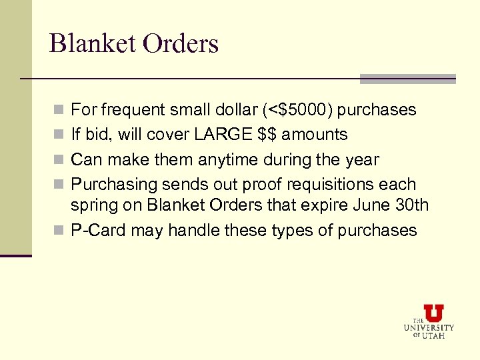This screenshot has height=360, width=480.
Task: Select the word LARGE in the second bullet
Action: point(218,135)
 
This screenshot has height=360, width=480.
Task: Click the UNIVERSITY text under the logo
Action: point(429,328)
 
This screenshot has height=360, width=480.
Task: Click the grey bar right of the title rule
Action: point(407,79)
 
